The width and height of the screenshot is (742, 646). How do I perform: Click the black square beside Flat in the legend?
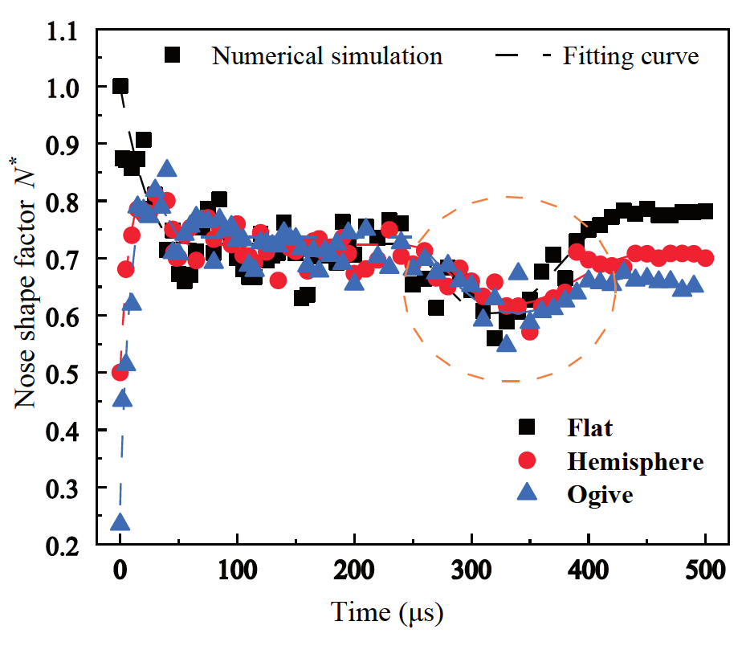pos(526,427)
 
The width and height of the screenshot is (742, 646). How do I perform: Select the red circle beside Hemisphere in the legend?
pos(526,460)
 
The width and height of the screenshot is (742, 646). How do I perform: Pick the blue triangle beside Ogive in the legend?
pos(526,493)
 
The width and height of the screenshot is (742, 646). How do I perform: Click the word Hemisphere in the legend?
pos(635,461)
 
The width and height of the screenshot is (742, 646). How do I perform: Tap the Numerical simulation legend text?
pos(327,56)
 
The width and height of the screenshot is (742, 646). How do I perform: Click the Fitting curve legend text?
pos(630,56)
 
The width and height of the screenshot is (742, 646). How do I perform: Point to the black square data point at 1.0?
pos(120,87)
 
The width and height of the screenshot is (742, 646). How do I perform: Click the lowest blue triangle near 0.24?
pos(120,523)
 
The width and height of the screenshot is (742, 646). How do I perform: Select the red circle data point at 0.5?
pos(120,373)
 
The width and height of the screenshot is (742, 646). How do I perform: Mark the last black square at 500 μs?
pos(706,211)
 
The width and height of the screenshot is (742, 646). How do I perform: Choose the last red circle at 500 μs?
pos(706,258)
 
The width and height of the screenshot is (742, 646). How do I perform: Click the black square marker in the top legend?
pos(172,55)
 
